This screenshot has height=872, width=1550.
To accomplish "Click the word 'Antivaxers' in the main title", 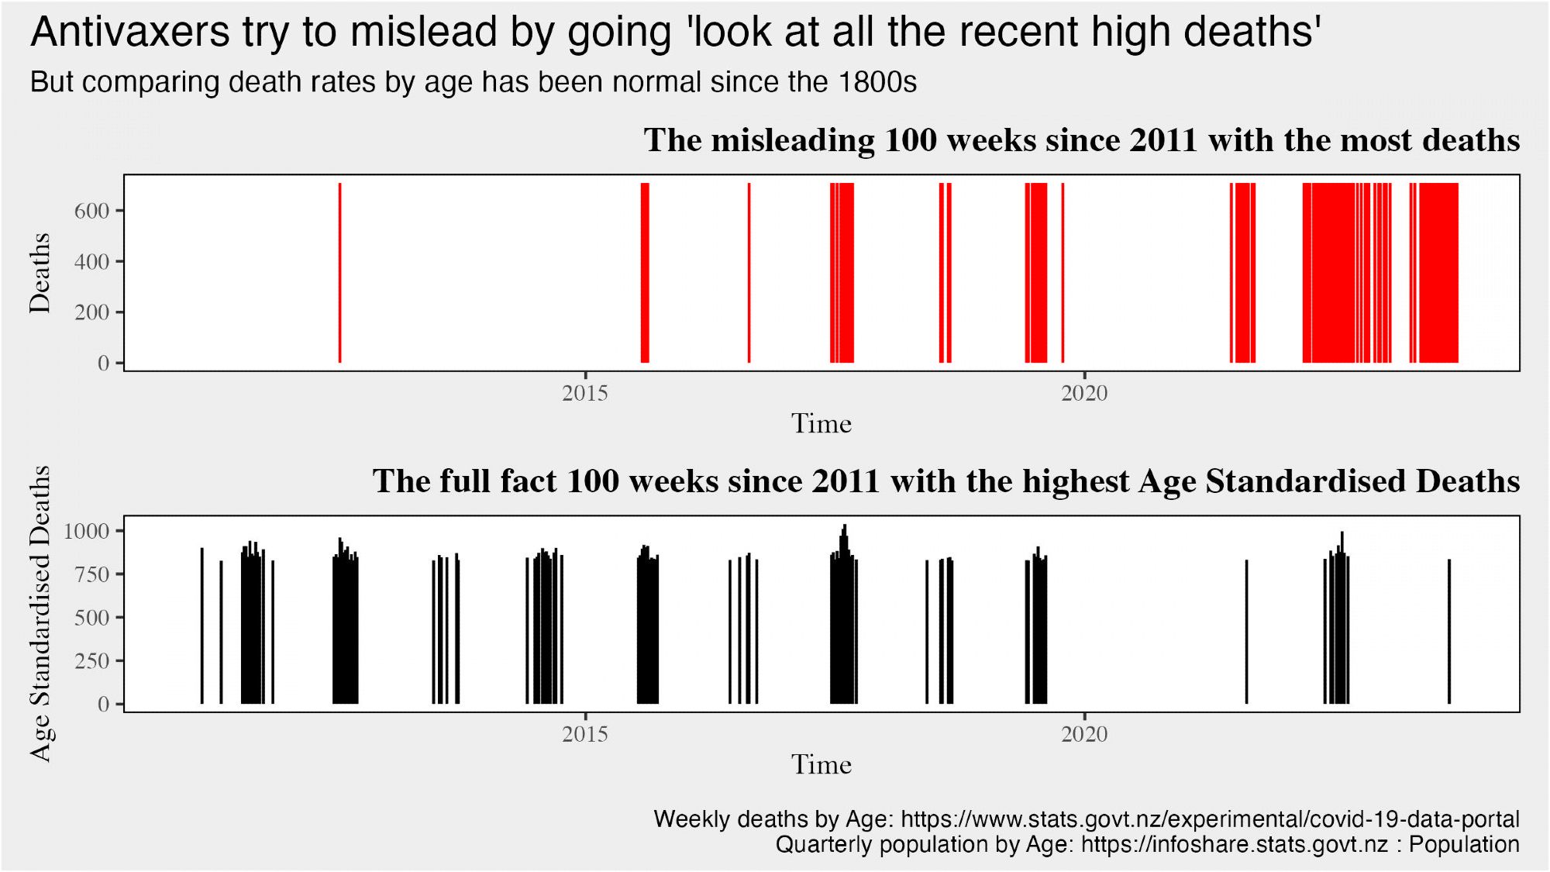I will tap(130, 33).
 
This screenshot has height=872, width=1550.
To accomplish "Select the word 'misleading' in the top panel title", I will tap(793, 140).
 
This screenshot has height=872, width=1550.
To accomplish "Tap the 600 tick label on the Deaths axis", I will tap(91, 211).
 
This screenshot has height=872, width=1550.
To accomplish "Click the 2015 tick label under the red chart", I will tap(585, 393).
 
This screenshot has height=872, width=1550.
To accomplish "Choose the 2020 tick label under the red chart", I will tap(1084, 393).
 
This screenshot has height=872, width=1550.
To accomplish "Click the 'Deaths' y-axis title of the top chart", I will tap(40, 273).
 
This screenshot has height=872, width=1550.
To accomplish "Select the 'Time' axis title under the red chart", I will tap(821, 424).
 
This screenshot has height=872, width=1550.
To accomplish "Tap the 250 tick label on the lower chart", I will tap(91, 661).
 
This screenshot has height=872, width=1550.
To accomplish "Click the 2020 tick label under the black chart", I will tap(1084, 734).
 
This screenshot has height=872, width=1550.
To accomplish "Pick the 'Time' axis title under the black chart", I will tap(821, 765).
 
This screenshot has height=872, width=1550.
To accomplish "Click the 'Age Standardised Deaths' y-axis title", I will tap(40, 613).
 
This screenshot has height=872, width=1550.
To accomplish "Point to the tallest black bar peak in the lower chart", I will tap(845, 527).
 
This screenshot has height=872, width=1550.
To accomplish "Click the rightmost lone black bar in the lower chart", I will tap(1449, 632).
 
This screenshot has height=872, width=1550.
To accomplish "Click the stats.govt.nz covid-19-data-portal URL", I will tap(1210, 819).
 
